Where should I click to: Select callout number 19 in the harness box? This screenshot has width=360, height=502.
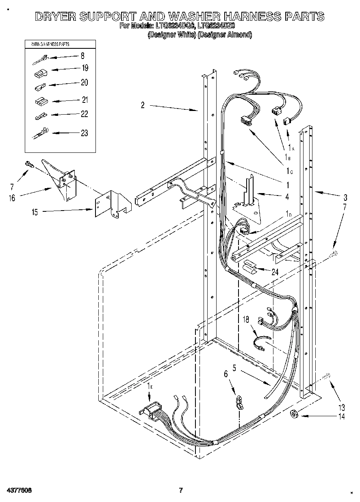(x=85, y=68)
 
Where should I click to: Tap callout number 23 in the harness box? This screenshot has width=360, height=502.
(x=85, y=133)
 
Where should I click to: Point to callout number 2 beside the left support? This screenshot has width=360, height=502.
(x=143, y=105)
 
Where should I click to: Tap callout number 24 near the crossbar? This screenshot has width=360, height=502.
(x=275, y=272)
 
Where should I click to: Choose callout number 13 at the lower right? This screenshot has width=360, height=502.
(x=341, y=407)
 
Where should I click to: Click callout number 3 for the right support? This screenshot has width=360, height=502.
(x=345, y=198)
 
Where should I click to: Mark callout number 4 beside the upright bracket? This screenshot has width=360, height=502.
(x=287, y=197)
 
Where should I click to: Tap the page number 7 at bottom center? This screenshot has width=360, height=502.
(x=180, y=490)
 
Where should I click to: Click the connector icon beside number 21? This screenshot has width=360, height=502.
(x=40, y=100)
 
